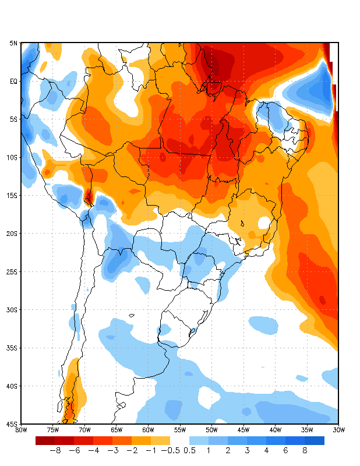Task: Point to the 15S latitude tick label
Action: pyautogui.click(x=13, y=196)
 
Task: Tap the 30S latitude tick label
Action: pyautogui.click(x=13, y=310)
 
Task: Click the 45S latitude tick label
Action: pyautogui.click(x=13, y=424)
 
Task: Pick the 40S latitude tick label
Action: pyautogui.click(x=13, y=386)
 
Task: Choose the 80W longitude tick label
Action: pyautogui.click(x=21, y=430)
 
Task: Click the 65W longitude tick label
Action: pyautogui.click(x=117, y=430)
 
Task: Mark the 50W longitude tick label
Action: pyautogui.click(x=211, y=430)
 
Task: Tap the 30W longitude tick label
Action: pyautogui.click(x=338, y=430)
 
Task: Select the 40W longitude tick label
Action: pyautogui.click(x=275, y=430)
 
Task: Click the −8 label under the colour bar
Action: pyautogui.click(x=55, y=450)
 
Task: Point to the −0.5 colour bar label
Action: pyautogui.click(x=170, y=450)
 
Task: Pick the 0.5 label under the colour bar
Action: pyautogui.click(x=189, y=450)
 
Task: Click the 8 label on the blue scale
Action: pyautogui.click(x=305, y=450)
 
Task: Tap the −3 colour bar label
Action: pyautogui.click(x=112, y=450)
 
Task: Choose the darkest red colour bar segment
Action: pyautogui.click(x=45, y=440)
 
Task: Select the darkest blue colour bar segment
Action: pyautogui.click(x=315, y=440)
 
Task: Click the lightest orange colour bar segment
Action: pyautogui.click(x=160, y=440)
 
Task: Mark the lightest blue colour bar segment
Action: pyautogui.click(x=199, y=440)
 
